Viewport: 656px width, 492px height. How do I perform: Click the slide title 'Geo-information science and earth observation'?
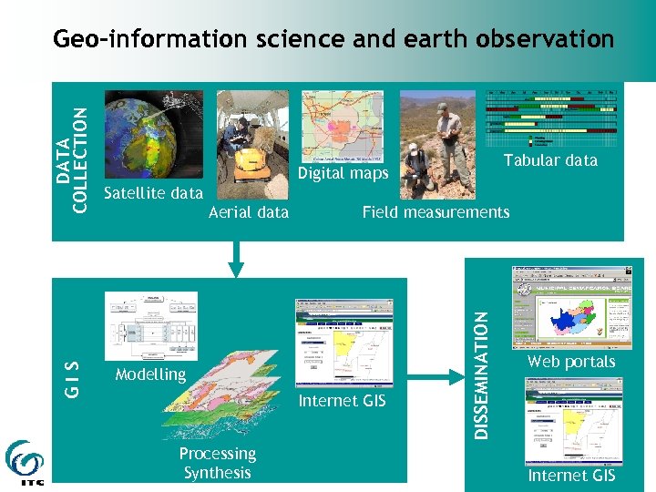(x=333, y=39)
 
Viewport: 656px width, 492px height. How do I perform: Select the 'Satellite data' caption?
(x=153, y=193)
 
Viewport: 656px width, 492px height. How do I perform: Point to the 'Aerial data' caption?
(x=249, y=212)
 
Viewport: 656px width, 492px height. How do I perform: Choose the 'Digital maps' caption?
(x=343, y=173)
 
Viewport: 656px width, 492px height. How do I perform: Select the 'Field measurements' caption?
(x=436, y=212)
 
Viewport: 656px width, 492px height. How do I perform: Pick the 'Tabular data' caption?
(x=550, y=160)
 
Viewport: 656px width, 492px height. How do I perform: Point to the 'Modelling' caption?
(x=150, y=374)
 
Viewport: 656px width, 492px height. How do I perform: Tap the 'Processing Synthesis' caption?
(x=217, y=463)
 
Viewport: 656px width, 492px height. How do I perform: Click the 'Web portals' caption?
(x=571, y=362)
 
